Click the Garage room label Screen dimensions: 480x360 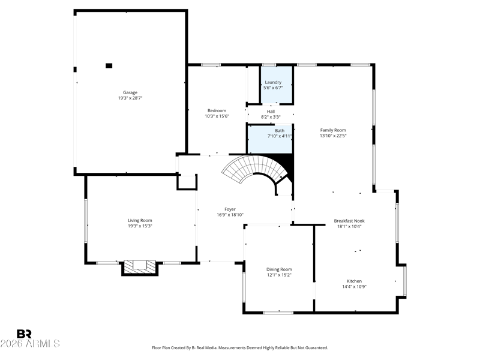tap(130, 92)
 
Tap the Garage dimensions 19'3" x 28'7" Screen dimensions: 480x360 tap(130, 98)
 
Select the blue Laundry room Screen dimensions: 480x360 tap(276, 85)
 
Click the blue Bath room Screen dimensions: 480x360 tap(269, 140)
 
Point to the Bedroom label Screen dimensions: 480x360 tap(217, 110)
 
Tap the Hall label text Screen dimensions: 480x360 tap(271, 112)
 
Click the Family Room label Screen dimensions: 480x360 tap(333, 130)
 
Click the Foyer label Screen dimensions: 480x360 tap(230, 209)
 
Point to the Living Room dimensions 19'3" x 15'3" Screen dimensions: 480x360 tap(140, 226)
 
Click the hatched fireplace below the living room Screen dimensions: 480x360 tap(140, 268)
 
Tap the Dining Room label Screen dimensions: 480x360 tap(279, 269)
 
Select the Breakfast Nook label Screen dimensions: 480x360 tap(349, 221)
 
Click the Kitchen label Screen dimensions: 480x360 tap(354, 281)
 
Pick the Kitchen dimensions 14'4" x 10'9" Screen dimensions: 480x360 tap(354, 287)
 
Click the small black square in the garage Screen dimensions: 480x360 tap(109, 65)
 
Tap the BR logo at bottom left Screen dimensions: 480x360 tap(24, 334)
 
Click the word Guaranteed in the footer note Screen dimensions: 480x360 tap(318, 348)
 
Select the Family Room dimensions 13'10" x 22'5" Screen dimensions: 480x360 tap(333, 136)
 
